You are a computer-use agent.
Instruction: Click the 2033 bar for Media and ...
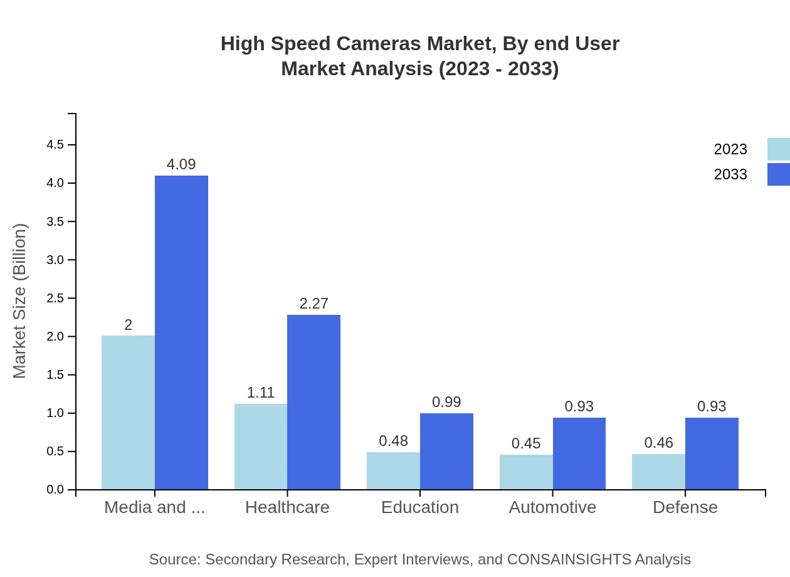tap(181, 332)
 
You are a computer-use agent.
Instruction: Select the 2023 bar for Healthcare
tap(261, 447)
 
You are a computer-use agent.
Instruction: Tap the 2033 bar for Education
tap(446, 451)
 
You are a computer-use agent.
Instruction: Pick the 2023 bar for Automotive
tap(526, 472)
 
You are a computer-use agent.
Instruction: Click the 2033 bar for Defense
tap(712, 453)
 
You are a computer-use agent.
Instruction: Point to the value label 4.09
tap(181, 164)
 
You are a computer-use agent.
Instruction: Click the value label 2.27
tap(313, 304)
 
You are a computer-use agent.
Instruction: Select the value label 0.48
tap(393, 441)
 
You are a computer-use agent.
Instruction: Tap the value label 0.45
tap(526, 443)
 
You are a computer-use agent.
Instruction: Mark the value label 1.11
tap(261, 393)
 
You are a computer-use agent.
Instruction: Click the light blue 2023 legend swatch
tap(778, 149)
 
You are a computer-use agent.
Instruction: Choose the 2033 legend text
tap(730, 174)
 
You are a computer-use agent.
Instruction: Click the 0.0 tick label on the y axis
tap(55, 490)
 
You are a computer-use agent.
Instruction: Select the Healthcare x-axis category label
tap(287, 507)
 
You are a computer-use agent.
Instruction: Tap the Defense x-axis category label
tap(685, 507)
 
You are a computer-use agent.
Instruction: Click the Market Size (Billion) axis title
tap(20, 301)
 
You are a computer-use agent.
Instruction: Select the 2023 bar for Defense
tap(658, 472)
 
